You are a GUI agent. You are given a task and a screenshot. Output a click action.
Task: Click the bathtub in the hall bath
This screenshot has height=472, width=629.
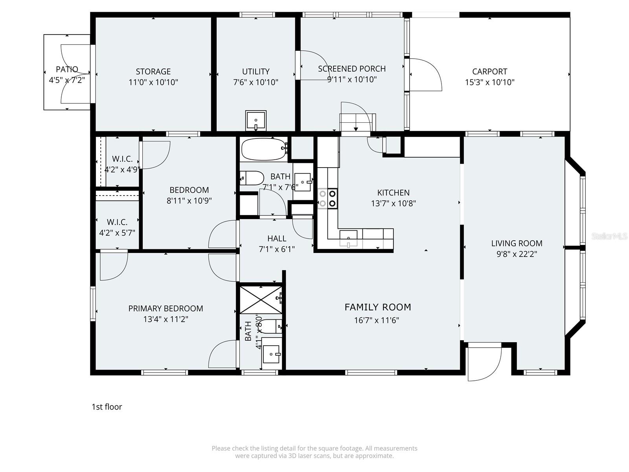263,149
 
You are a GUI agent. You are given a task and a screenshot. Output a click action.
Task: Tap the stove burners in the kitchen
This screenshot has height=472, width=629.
327,198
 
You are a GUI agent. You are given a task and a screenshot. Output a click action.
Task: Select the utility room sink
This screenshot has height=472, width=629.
256,120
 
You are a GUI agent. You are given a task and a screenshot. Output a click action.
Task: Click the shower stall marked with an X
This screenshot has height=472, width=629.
260,300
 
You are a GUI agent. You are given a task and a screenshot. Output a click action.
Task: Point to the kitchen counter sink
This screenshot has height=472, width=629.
348,238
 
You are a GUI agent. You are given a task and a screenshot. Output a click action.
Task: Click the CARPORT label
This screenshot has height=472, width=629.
489,72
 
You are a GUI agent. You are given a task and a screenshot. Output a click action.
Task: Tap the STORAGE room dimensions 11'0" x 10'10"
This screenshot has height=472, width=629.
153,82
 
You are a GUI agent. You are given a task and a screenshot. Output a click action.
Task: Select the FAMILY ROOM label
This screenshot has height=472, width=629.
377,307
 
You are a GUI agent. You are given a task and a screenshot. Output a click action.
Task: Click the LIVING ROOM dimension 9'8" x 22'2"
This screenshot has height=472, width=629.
517,254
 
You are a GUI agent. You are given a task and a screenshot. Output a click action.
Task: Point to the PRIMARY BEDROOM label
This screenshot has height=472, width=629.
166,308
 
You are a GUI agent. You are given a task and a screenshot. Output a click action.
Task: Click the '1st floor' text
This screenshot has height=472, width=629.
107,407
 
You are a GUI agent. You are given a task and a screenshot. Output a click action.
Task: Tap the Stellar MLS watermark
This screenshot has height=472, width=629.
609,236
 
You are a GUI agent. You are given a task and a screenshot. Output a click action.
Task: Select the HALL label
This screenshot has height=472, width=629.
277,238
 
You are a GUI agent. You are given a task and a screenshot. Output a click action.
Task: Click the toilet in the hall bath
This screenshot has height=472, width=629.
252,178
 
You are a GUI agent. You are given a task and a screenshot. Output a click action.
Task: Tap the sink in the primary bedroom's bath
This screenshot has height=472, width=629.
271,354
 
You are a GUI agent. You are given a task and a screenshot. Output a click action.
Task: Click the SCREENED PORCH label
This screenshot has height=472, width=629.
351,69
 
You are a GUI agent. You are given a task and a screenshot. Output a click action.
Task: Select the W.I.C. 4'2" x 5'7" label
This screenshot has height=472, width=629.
117,227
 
